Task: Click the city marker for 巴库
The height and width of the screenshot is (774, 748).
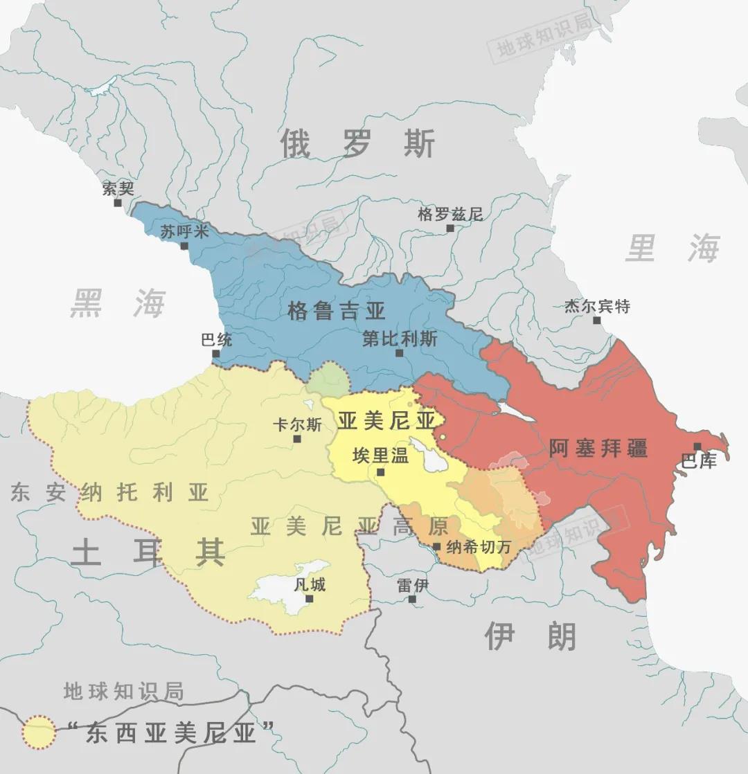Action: [x=697, y=447]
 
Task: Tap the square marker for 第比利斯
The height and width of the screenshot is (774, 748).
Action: [x=399, y=353]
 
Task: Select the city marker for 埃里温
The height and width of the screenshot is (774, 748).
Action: [x=380, y=472]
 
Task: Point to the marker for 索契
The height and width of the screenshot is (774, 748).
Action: [x=118, y=203]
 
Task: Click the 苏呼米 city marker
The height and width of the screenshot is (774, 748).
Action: [x=184, y=246]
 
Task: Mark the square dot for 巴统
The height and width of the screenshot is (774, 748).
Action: [x=216, y=354]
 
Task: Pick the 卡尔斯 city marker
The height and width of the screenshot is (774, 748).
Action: [x=297, y=438]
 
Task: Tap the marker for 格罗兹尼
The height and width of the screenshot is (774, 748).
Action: [x=450, y=228]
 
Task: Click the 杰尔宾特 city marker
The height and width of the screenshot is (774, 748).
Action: [x=597, y=320]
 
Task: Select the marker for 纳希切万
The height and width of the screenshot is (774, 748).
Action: [x=436, y=546]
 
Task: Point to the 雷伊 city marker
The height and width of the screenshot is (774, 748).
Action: [x=412, y=599]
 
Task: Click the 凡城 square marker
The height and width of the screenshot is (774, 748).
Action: [x=309, y=598]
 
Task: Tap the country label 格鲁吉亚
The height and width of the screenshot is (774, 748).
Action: [x=337, y=311]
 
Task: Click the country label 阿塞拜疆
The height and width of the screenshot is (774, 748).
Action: [x=598, y=448]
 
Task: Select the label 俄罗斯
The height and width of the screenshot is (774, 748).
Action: [x=358, y=144]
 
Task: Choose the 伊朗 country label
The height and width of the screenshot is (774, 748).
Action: [x=530, y=636]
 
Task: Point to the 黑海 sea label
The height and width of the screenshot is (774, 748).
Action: [x=118, y=303]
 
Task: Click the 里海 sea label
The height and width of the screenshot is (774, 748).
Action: [x=673, y=248]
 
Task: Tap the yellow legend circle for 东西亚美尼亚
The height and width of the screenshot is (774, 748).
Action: [x=39, y=732]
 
